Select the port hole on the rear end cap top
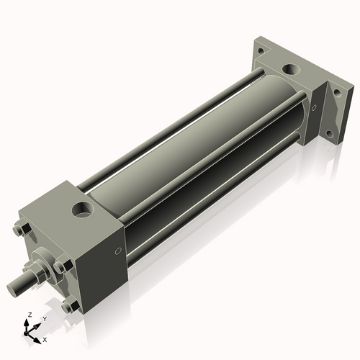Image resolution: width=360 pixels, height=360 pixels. click(x=292, y=71)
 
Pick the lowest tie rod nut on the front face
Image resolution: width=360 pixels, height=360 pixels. click(x=69, y=307)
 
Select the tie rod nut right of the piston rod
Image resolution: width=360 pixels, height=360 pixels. click(x=63, y=266)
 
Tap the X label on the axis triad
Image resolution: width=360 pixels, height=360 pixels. click(x=45, y=338)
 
